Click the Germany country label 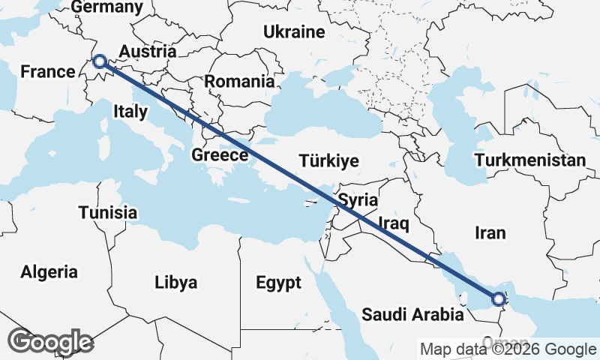coord(106,7)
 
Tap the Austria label coord(148,52)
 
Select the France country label coord(48,72)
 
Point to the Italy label coord(130,112)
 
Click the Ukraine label coord(294,31)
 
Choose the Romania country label coord(240,81)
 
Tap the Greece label coord(220,155)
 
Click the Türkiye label coord(328,160)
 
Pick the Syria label coord(358,200)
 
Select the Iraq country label coord(393,223)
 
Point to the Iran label coord(490,232)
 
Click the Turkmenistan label coord(530,160)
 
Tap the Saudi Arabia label coord(412,314)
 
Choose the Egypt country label coord(278,283)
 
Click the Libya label coord(175,283)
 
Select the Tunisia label coord(108,212)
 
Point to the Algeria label coord(49,271)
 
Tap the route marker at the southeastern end coord(499,301)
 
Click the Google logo coord(50,342)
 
